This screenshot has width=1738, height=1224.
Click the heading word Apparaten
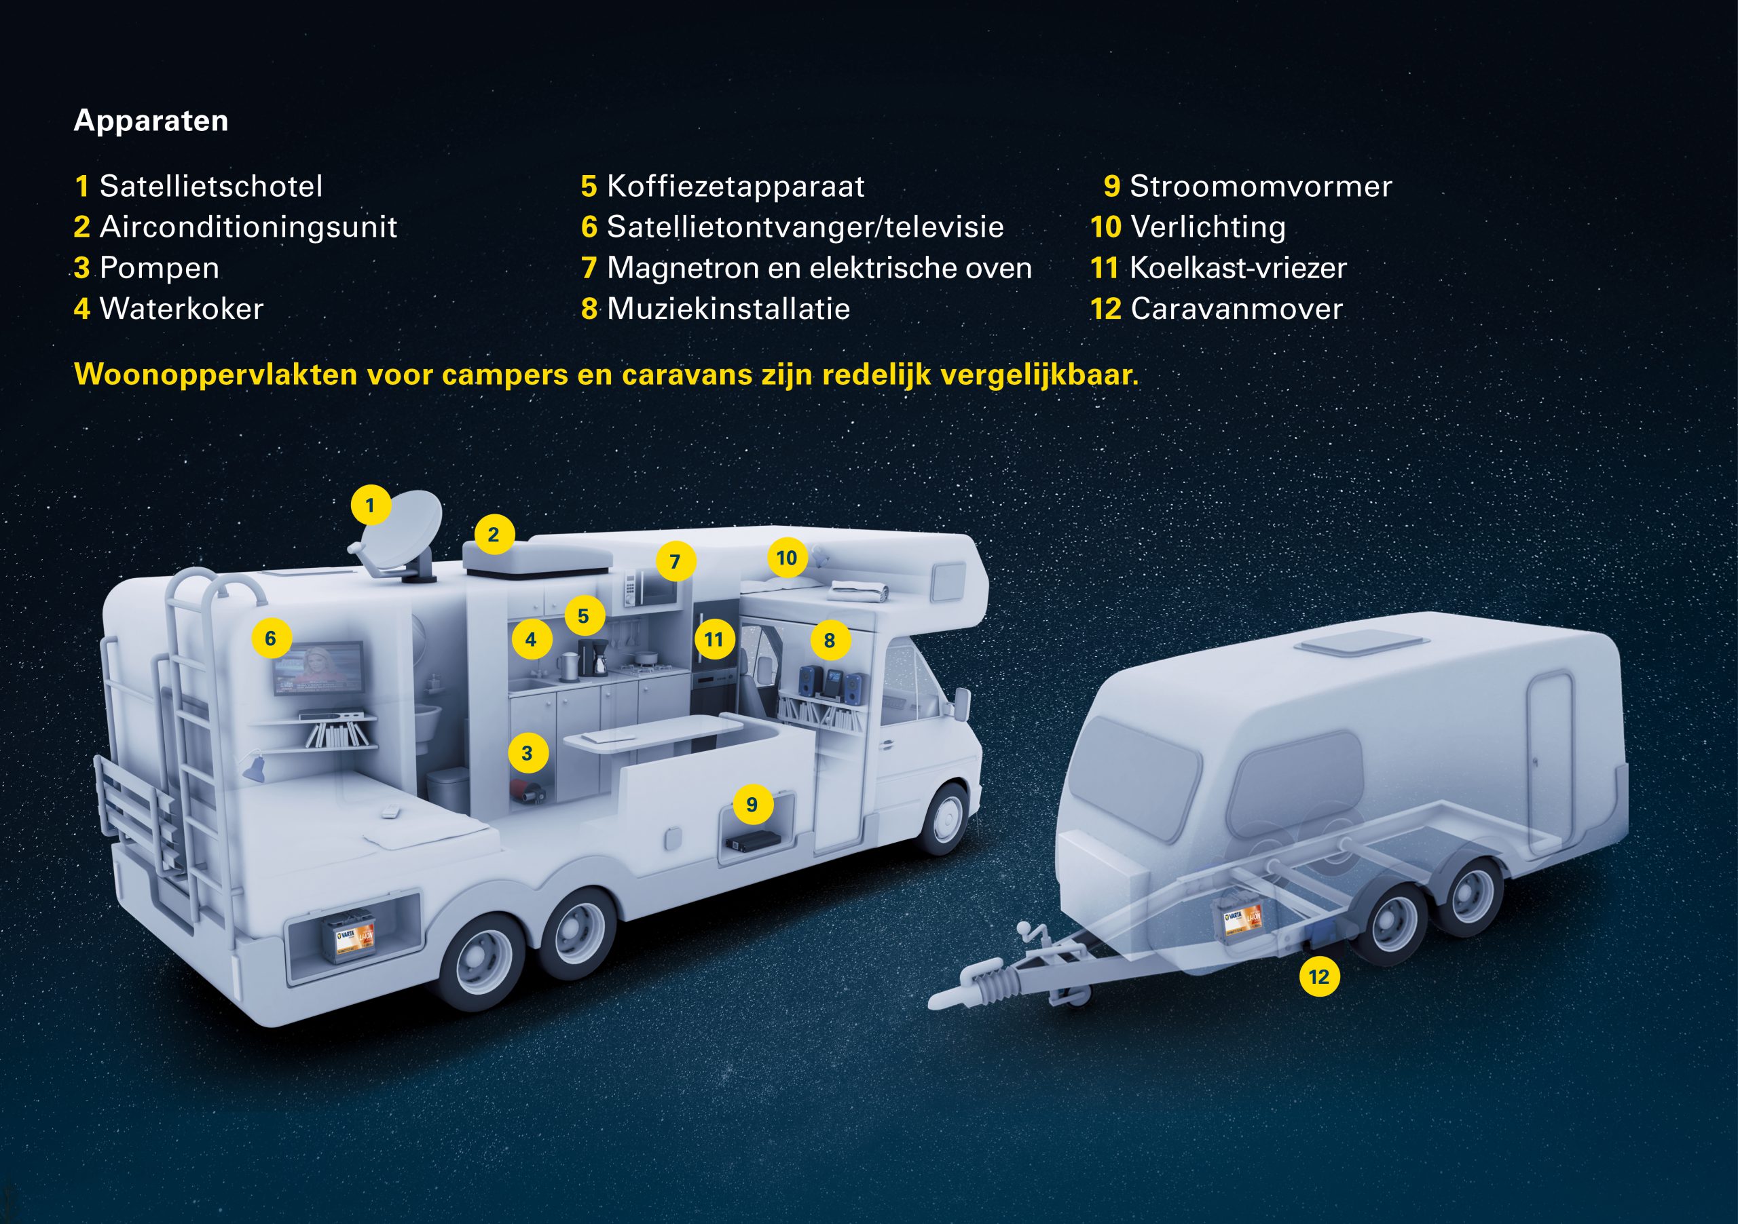(151, 121)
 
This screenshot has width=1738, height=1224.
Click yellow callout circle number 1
(370, 505)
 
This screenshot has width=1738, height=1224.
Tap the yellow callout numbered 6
(271, 638)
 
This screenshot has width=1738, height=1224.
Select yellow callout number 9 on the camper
(752, 803)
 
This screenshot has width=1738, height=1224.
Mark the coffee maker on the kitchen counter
(593, 657)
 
